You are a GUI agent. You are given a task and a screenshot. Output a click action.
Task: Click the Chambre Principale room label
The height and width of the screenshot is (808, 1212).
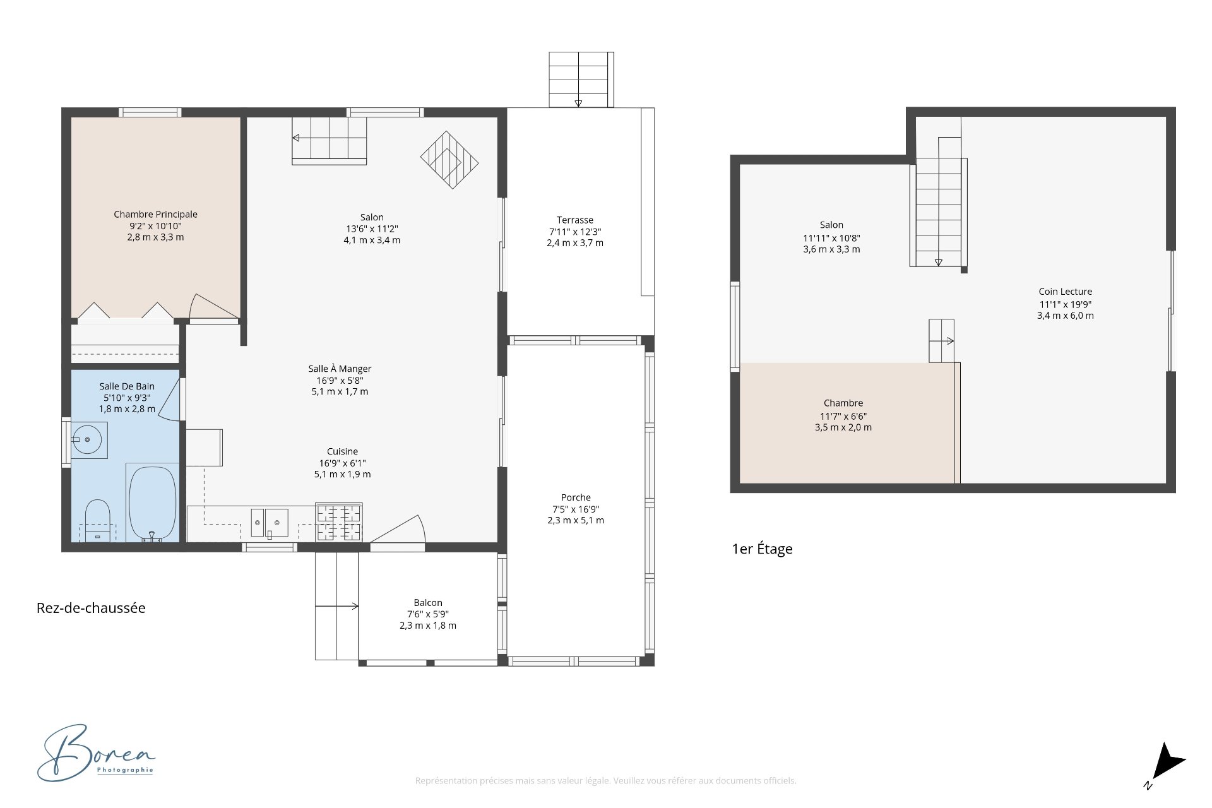pos(155,215)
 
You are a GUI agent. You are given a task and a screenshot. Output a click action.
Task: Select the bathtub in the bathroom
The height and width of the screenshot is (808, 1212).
pos(152,503)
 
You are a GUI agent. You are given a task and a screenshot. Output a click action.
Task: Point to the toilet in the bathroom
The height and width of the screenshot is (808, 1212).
pos(97,521)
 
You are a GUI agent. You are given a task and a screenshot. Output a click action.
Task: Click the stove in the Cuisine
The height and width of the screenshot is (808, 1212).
pos(339,522)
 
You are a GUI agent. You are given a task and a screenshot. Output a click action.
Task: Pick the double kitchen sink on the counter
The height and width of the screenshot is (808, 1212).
pos(270,523)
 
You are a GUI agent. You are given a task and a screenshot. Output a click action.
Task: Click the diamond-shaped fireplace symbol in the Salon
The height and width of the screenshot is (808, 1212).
pos(449,160)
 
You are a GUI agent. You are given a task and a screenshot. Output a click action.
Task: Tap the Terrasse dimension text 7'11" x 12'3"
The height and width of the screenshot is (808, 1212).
pos(575,232)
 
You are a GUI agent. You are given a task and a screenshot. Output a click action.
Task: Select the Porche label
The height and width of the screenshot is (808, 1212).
pos(576,497)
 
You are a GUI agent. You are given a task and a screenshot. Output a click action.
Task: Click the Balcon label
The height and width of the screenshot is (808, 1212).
pos(428,603)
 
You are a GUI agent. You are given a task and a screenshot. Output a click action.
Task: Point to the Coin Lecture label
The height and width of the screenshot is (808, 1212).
pos(1066,292)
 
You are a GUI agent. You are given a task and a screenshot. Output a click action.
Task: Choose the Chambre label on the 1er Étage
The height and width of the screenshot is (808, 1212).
pos(843,403)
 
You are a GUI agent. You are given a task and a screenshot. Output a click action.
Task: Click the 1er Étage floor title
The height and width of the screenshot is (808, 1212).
pos(762,549)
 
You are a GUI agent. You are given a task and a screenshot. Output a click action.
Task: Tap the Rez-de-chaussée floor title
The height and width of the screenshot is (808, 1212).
pos(91,608)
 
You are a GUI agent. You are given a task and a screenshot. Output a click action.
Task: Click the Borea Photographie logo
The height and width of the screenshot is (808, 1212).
pos(96,753)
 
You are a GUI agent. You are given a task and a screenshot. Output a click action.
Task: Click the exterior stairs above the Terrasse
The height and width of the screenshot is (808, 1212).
pos(581,80)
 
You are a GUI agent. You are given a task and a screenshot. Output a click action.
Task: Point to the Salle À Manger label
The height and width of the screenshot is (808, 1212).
pos(340,369)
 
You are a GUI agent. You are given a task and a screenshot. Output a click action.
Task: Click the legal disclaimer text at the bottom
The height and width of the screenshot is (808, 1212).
pos(605,781)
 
